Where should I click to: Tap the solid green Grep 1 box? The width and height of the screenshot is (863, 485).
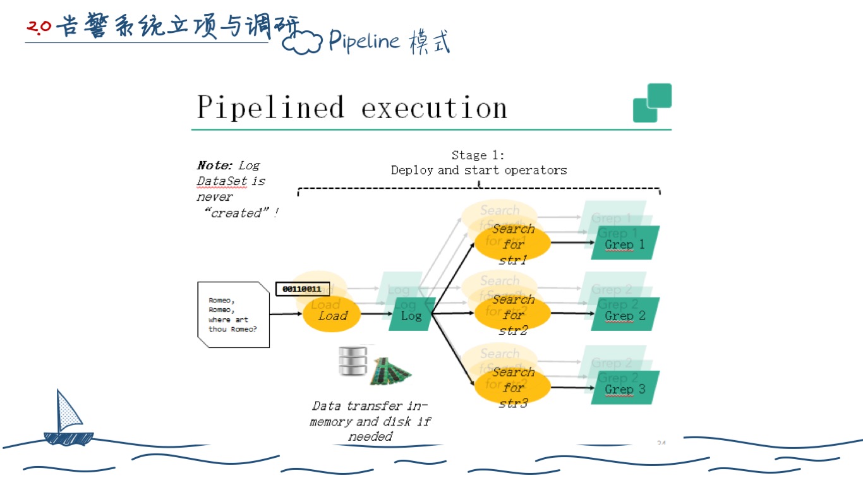625,244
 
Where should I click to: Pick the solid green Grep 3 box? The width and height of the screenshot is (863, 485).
625,388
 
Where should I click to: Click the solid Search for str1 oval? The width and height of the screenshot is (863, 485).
512,244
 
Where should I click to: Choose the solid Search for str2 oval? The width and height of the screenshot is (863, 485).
512,314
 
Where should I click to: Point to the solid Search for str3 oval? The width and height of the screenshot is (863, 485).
512,386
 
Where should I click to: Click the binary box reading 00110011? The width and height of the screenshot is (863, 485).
302,289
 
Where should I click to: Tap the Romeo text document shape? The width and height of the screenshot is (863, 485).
233,314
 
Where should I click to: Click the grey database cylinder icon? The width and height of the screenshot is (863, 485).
353,361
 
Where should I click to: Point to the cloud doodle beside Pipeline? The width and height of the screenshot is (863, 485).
302,43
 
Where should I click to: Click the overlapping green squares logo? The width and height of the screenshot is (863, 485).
652,102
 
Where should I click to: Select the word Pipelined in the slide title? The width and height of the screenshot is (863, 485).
270,107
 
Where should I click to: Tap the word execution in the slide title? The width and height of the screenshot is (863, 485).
434,109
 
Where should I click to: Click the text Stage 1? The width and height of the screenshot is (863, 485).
478,155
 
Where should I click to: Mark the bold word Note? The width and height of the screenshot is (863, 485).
215,165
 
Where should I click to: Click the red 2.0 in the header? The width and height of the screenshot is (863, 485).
39,27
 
